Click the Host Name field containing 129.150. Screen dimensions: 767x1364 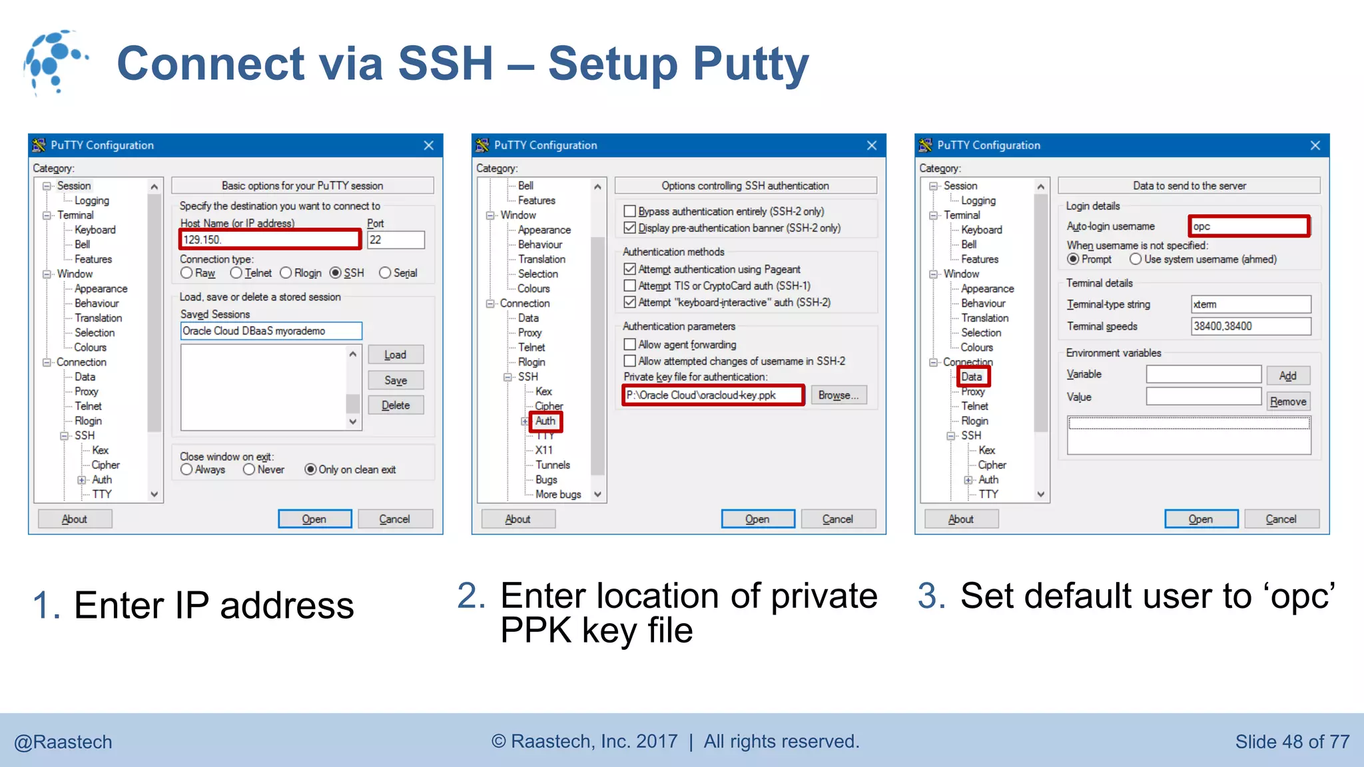click(270, 240)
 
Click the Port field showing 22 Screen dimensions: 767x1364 click(396, 240)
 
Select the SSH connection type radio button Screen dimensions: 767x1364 click(336, 273)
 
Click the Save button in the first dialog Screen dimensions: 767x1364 click(396, 380)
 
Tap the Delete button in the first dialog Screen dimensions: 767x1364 click(396, 405)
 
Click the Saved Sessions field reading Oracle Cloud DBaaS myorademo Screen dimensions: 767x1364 click(271, 331)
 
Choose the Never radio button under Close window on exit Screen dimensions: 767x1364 click(249, 469)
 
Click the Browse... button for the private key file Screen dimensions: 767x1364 click(838, 395)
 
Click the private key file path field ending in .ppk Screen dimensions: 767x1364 click(713, 395)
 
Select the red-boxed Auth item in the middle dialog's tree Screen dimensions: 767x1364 click(545, 421)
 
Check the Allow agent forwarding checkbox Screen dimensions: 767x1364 click(629, 344)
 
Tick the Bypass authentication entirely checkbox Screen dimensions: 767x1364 click(629, 211)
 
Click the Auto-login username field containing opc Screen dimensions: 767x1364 click(1249, 226)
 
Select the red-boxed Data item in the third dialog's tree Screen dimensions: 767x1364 click(972, 377)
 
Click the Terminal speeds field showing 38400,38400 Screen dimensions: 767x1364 click(1250, 326)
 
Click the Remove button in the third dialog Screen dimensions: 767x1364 click(1287, 401)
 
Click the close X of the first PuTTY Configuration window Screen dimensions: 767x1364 click(429, 145)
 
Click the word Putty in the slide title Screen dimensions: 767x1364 click(751, 64)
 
